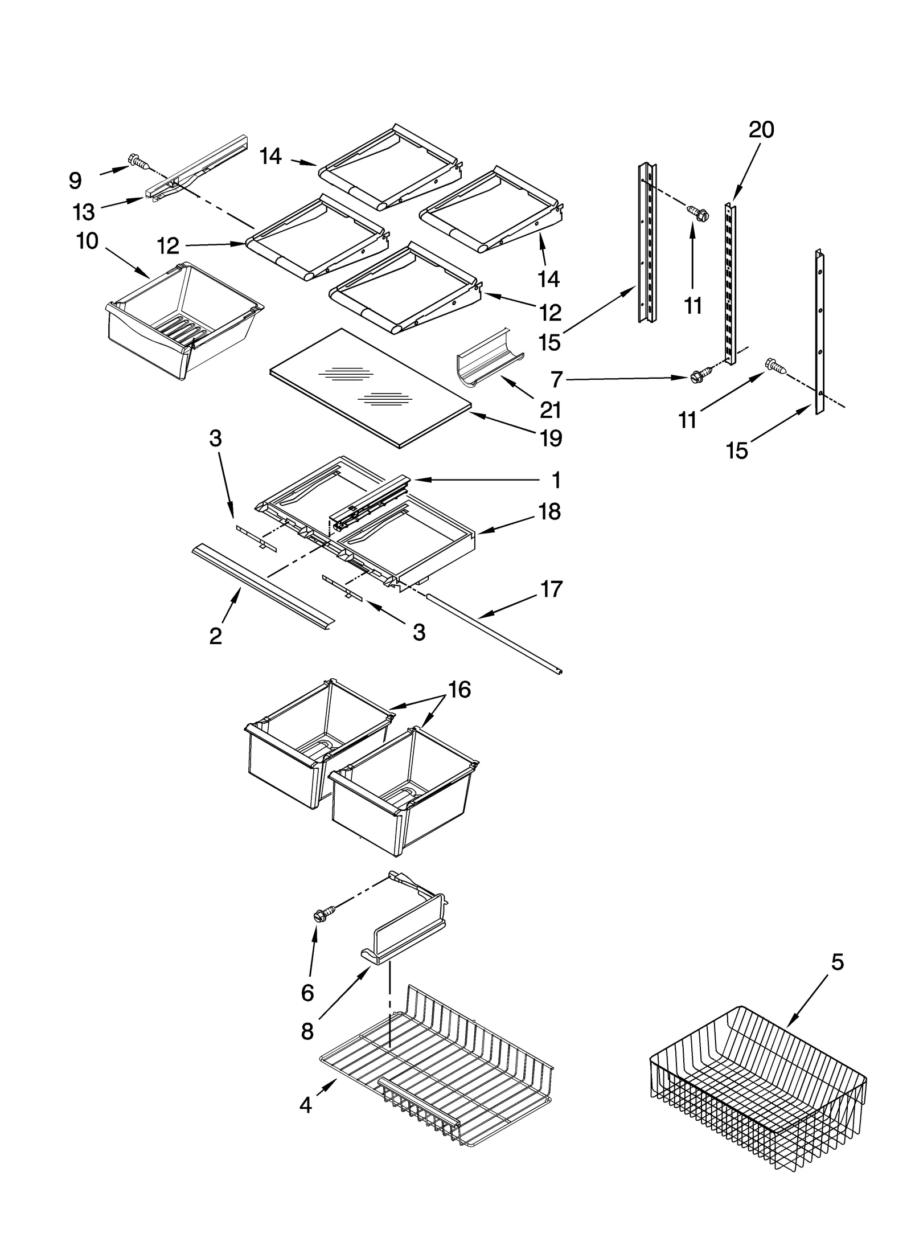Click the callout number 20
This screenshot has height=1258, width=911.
pyautogui.click(x=761, y=130)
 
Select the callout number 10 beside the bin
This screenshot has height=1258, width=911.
pyautogui.click(x=87, y=241)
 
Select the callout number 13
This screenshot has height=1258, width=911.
pyautogui.click(x=84, y=212)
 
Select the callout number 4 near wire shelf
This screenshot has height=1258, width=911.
pyautogui.click(x=306, y=1105)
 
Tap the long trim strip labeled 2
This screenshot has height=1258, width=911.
pyautogui.click(x=262, y=587)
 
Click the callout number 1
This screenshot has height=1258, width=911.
pyautogui.click(x=556, y=480)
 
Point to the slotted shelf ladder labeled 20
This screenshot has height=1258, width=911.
pyautogui.click(x=729, y=279)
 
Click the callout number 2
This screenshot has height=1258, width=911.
pyautogui.click(x=215, y=636)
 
